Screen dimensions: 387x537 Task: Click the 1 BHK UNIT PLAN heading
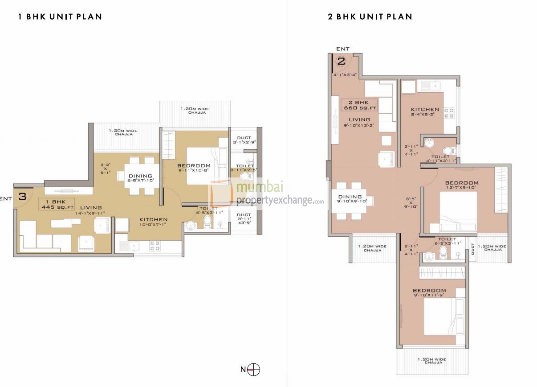[60, 17]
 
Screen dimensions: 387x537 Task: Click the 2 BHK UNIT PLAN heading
[370, 17]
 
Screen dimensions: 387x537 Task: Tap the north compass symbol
[254, 369]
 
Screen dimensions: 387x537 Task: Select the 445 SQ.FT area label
[53, 207]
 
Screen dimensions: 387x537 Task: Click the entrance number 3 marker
[22, 196]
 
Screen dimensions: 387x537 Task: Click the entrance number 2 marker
[342, 62]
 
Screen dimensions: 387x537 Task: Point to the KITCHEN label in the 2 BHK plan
[425, 109]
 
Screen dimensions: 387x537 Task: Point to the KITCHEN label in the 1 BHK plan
[153, 219]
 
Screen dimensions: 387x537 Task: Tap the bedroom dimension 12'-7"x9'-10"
[462, 188]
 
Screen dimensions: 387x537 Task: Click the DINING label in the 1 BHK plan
[140, 176]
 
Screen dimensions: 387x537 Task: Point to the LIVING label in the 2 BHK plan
[359, 119]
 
